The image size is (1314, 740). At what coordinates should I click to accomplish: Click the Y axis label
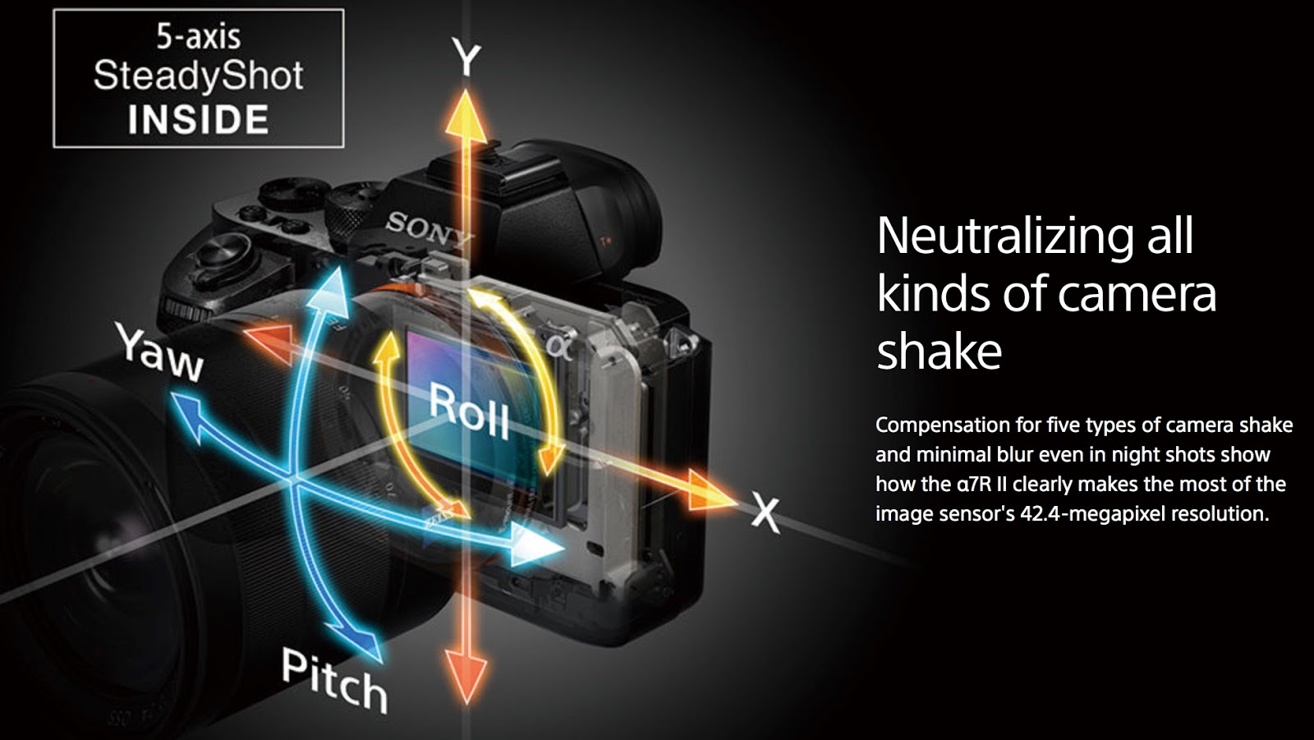[466, 59]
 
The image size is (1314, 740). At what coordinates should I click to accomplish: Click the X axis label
[765, 514]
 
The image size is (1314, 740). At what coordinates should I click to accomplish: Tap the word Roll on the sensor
[470, 411]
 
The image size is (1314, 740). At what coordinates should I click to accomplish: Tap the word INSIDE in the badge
[198, 120]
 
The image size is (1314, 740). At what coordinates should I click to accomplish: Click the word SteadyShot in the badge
[198, 76]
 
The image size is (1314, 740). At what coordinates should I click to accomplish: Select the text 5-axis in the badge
[198, 36]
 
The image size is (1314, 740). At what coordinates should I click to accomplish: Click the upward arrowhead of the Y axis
[466, 112]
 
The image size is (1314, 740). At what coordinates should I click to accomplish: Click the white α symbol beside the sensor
[558, 347]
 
